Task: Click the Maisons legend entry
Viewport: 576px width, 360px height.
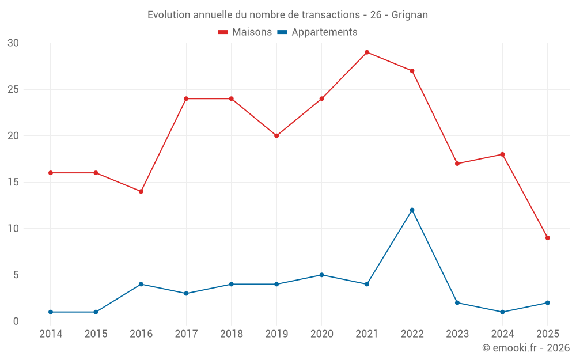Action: (x=245, y=32)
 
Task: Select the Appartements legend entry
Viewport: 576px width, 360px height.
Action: (x=317, y=32)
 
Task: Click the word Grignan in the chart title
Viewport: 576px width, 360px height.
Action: (x=410, y=15)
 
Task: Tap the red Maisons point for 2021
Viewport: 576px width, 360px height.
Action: (x=367, y=52)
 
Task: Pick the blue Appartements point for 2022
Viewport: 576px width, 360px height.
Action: (x=412, y=210)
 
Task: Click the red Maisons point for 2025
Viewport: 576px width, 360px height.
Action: (x=547, y=238)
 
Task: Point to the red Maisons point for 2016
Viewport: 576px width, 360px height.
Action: (x=141, y=191)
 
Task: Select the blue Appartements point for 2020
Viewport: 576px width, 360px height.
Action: (x=321, y=275)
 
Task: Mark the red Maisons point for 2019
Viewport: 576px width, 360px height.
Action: (x=276, y=136)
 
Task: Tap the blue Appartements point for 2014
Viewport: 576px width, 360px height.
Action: (x=51, y=312)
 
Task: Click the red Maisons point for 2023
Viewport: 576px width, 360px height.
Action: (x=457, y=164)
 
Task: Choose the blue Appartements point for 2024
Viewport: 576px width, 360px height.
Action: (x=502, y=312)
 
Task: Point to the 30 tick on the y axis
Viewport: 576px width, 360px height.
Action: (x=13, y=43)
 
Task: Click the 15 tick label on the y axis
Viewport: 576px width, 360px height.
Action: (x=13, y=183)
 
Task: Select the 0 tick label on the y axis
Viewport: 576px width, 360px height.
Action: (x=16, y=321)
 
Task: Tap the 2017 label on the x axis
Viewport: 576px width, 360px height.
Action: (x=186, y=334)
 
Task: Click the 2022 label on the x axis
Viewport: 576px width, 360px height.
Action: (x=412, y=334)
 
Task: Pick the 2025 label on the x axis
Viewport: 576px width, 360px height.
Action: (x=547, y=334)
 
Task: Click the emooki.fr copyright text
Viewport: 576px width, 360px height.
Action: (x=525, y=348)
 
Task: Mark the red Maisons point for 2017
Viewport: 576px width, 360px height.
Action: (x=186, y=98)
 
